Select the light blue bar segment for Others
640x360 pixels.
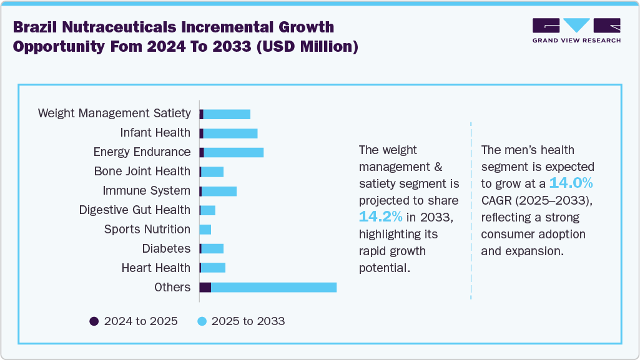point(273,287)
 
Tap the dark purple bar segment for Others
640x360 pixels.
point(205,287)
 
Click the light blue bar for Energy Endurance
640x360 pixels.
point(234,152)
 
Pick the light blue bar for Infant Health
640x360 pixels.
point(230,133)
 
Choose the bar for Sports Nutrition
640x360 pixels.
point(205,230)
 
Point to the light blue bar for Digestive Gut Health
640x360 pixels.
point(208,210)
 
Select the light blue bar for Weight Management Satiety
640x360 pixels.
point(227,114)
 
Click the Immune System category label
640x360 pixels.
point(146,190)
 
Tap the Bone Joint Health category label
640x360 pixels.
point(142,171)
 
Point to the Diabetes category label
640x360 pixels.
point(166,248)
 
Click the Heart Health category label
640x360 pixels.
point(155,268)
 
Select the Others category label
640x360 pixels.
point(172,287)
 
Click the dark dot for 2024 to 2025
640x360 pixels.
point(94,321)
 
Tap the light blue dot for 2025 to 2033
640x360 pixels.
point(202,321)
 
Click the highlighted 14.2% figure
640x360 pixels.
point(380,216)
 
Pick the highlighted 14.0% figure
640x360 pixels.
point(571,183)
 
